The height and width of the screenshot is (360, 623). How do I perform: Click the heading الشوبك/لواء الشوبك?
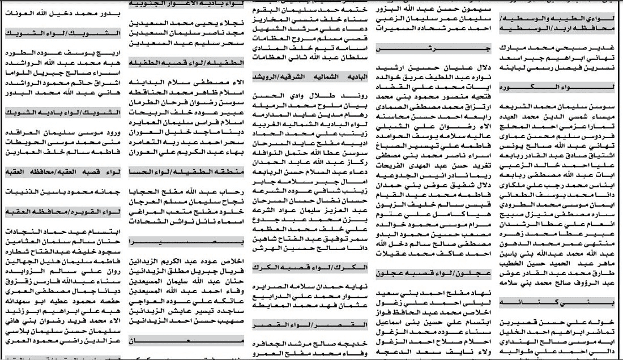coord(63,33)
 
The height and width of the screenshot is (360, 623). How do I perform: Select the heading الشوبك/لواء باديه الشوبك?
coord(63,112)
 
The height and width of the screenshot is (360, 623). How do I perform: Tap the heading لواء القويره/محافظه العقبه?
coord(63,211)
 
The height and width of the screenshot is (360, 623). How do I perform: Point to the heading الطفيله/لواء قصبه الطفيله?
coord(186,62)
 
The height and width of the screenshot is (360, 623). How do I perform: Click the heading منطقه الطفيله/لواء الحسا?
coord(186,171)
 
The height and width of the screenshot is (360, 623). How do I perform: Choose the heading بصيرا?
coord(186,242)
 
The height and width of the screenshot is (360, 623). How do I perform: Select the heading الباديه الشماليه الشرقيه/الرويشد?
coord(309,76)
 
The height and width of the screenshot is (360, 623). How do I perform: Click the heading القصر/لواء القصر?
coord(309,324)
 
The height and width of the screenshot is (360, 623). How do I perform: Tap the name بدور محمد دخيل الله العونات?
coord(63,12)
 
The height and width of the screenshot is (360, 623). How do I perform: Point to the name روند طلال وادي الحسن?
coord(309,95)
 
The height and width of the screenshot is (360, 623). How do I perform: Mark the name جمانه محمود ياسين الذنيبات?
coord(63,192)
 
